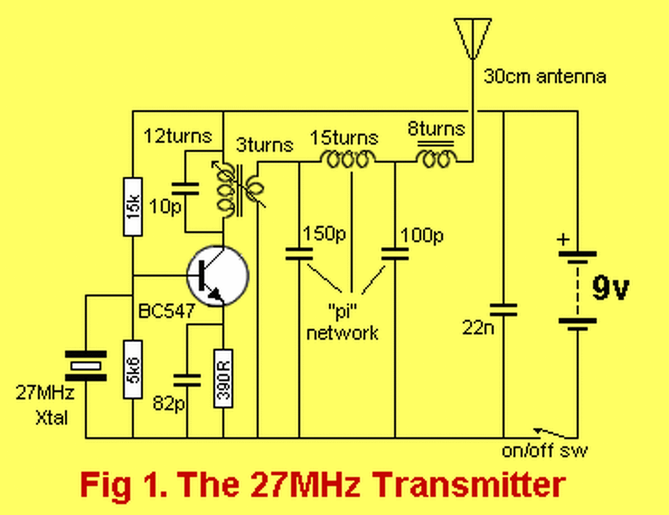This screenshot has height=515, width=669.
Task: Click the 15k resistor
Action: (x=133, y=207)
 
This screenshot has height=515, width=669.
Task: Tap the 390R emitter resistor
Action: (x=223, y=378)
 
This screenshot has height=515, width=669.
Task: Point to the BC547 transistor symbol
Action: (x=217, y=276)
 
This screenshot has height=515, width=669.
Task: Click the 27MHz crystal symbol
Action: (x=86, y=366)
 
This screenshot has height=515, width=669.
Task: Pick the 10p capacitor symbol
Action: (x=185, y=189)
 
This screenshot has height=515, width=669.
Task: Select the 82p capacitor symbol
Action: (x=187, y=380)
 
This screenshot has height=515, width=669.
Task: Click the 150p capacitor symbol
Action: (x=299, y=255)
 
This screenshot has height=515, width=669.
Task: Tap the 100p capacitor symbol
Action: (x=395, y=255)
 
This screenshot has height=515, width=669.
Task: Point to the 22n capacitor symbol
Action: (x=503, y=310)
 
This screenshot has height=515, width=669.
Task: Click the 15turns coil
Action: (x=348, y=159)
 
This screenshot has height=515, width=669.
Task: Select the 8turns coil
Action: (x=436, y=158)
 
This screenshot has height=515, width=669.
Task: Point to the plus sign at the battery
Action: (x=562, y=240)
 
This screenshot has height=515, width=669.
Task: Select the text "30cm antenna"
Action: (x=545, y=77)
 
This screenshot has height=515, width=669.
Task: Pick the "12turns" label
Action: (x=178, y=136)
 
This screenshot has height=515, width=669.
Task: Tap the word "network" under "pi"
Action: (x=342, y=333)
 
